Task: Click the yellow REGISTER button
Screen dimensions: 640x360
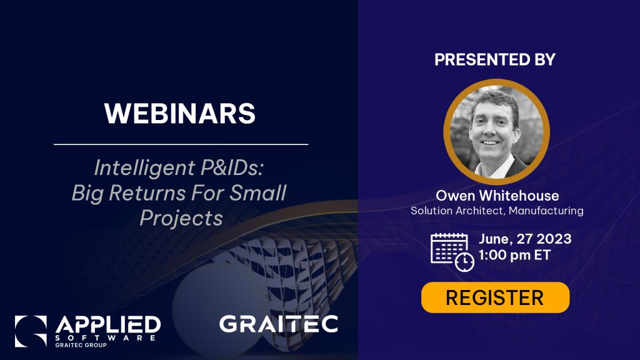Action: pyautogui.click(x=495, y=297)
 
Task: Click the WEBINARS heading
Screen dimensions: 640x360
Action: pyautogui.click(x=180, y=113)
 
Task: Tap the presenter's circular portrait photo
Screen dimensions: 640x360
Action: pyautogui.click(x=496, y=132)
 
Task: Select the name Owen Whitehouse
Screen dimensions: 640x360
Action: pyautogui.click(x=497, y=196)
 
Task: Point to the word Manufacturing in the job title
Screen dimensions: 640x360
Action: pyautogui.click(x=546, y=211)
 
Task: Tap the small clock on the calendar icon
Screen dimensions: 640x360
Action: pyautogui.click(x=464, y=262)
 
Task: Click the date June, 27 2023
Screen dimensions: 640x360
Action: pyautogui.click(x=525, y=239)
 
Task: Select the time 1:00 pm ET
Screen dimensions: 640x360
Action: pyautogui.click(x=514, y=255)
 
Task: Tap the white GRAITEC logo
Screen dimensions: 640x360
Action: pyautogui.click(x=278, y=324)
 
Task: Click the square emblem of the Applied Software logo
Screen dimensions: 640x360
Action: pyautogui.click(x=31, y=331)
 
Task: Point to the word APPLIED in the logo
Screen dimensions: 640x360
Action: pyautogui.click(x=108, y=325)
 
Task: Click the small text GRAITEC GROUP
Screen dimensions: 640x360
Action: pyautogui.click(x=81, y=345)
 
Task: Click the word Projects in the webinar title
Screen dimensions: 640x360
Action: pyautogui.click(x=181, y=218)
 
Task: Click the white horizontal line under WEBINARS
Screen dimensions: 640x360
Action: pyautogui.click(x=181, y=144)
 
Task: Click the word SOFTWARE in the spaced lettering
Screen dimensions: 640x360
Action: pyautogui.click(x=105, y=338)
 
